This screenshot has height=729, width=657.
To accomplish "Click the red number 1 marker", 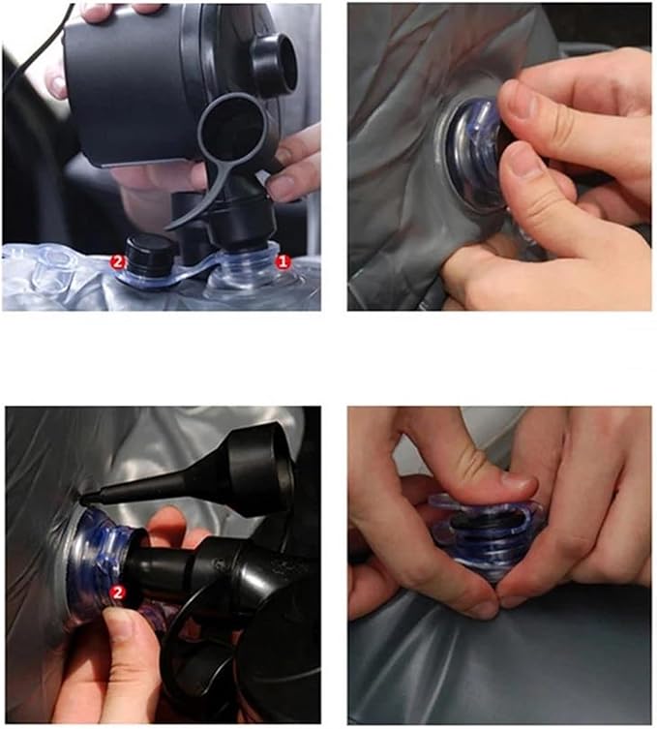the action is pos(282,262).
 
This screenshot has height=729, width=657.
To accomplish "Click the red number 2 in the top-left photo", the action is pos(117,262).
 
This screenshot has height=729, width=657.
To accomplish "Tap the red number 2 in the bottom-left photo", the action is pos(117,592).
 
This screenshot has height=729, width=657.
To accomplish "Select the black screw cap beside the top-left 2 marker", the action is pos(151,256).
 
